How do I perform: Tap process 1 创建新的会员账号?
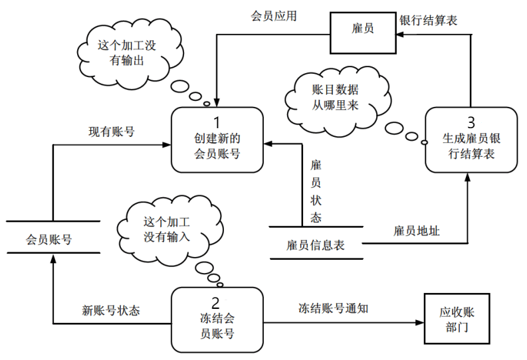pyautogui.click(x=217, y=139)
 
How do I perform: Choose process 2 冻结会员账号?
pyautogui.click(x=217, y=319)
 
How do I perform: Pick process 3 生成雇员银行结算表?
pyautogui.click(x=471, y=139)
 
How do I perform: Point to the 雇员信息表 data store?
pyautogui.click(x=316, y=244)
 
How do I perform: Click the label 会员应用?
pyautogui.click(x=272, y=15)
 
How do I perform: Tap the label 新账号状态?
pyautogui.click(x=111, y=310)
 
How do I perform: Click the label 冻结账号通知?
pyautogui.click(x=333, y=308)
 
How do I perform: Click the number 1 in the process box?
pyautogui.click(x=217, y=122)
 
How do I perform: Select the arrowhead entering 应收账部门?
pyautogui.click(x=419, y=324)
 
